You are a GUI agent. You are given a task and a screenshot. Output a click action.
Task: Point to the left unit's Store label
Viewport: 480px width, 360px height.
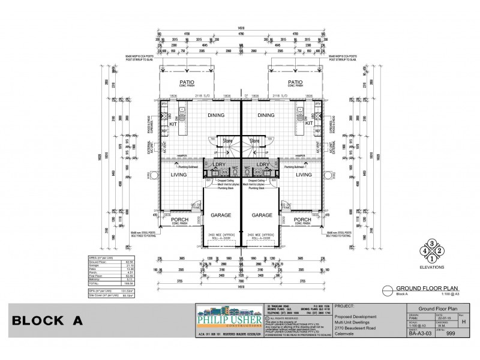tap(227, 141)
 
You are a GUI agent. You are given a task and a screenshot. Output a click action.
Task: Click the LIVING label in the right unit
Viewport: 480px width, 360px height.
tap(304, 175)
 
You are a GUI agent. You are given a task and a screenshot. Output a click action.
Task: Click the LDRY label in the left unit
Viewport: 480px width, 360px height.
tap(220, 164)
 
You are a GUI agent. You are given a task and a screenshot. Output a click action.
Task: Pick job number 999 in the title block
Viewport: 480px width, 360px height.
tap(444, 337)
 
